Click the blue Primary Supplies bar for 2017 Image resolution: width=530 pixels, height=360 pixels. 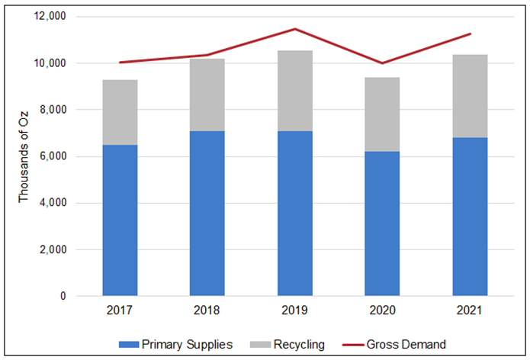(120, 221)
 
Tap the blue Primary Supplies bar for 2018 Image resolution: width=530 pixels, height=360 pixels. (207, 214)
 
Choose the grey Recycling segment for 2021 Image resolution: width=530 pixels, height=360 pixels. (470, 96)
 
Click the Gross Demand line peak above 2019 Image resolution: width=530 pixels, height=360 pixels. (295, 29)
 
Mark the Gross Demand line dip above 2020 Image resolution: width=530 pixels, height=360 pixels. (382, 63)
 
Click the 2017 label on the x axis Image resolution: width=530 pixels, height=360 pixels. (120, 312)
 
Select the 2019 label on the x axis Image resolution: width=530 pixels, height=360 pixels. (295, 312)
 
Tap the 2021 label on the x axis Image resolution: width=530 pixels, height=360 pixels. (470, 312)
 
